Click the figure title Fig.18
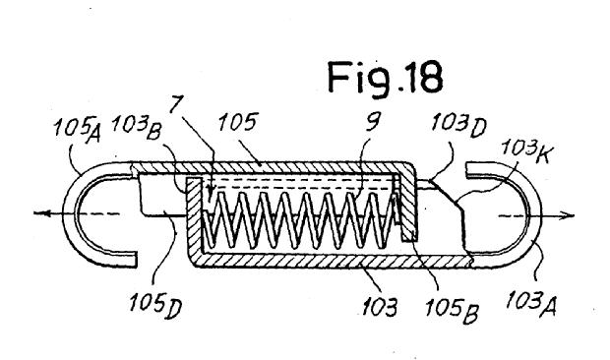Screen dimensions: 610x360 tap(385, 79)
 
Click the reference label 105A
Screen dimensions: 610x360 tap(77, 129)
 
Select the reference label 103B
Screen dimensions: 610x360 tap(136, 127)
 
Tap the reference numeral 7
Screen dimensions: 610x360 tap(176, 104)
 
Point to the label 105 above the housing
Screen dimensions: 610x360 tap(238, 122)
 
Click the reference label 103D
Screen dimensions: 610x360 tap(459, 124)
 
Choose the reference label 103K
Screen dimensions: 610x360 tap(524, 150)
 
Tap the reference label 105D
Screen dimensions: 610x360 tap(155, 305)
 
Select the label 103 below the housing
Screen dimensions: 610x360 tap(380, 308)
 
